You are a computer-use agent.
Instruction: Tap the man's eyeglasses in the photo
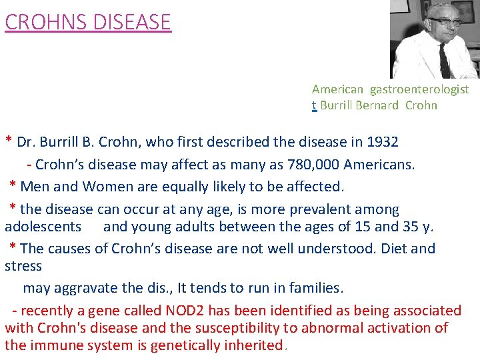point(444,21)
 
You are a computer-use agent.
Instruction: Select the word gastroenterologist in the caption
point(419,89)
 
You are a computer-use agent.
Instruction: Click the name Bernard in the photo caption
point(378,105)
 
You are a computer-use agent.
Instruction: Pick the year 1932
point(383,141)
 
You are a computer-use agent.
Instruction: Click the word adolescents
point(43,226)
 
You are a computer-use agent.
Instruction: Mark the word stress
point(23,265)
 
